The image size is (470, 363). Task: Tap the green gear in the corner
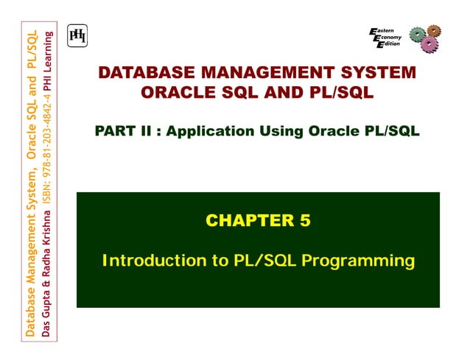[x=418, y=34]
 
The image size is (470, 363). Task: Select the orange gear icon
[x=435, y=31]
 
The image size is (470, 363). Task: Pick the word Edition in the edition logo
[x=390, y=44]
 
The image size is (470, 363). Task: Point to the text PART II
[x=124, y=131]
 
